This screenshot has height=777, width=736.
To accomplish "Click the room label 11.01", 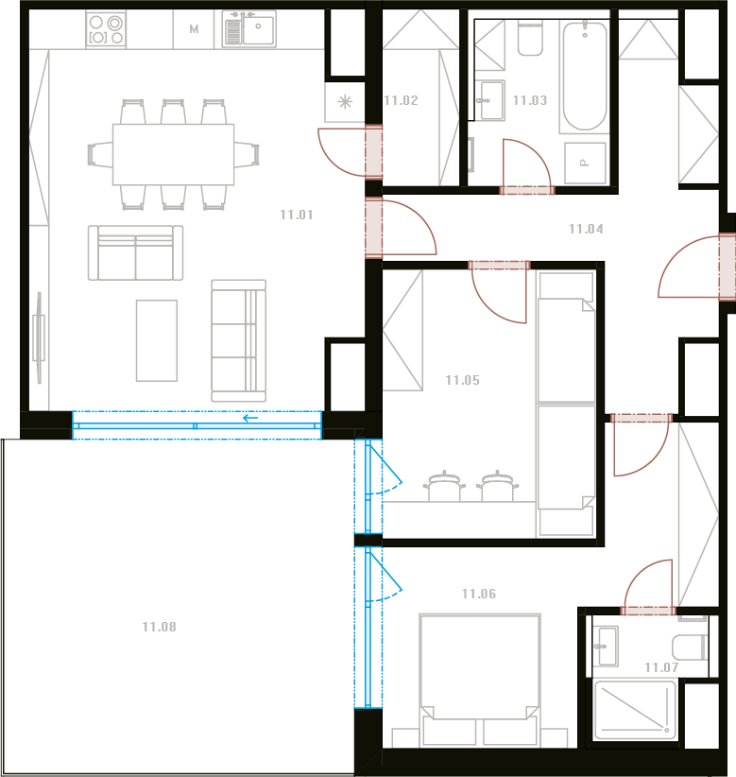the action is tap(296, 215).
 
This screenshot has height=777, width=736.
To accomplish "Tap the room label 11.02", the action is tap(402, 100).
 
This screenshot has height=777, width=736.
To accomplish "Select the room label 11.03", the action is tap(530, 100).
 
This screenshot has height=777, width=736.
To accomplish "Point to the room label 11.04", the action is tap(586, 229).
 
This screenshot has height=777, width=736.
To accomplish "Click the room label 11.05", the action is tap(463, 380).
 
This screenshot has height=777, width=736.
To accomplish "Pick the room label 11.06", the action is tap(479, 594).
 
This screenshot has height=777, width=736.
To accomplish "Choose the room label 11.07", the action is tap(661, 667).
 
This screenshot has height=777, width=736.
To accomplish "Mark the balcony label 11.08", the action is tap(159, 627).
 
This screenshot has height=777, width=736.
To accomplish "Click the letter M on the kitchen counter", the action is tap(194, 29).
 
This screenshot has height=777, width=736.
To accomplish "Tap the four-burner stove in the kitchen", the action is tap(106, 29).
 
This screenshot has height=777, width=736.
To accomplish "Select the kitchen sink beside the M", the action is tap(248, 28).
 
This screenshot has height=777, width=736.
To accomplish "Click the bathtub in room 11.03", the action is tap(585, 77).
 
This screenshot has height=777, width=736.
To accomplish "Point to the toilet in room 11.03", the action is tap(530, 39).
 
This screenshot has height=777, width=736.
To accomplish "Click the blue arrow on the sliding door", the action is tap(250, 418).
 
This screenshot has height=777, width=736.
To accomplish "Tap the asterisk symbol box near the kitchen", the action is tap(345, 102).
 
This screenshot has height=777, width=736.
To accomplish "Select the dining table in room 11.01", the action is tap(173, 155).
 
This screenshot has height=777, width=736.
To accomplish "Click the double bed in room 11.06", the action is tap(479, 680).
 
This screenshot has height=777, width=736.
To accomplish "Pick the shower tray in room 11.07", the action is tap(635, 710).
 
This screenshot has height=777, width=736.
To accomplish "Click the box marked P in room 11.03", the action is tap(586, 163).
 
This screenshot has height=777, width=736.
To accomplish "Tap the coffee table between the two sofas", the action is tap(157, 340).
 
